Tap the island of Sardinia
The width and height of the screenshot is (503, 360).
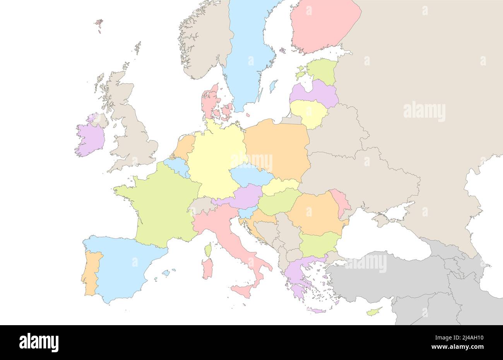tap(207, 269)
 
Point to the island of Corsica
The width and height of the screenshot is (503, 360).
tap(208, 250)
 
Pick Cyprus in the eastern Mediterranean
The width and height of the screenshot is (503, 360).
tap(374, 311)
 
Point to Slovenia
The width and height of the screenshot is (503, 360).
tap(245, 213)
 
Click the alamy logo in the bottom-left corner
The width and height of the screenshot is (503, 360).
tap(39, 342)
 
